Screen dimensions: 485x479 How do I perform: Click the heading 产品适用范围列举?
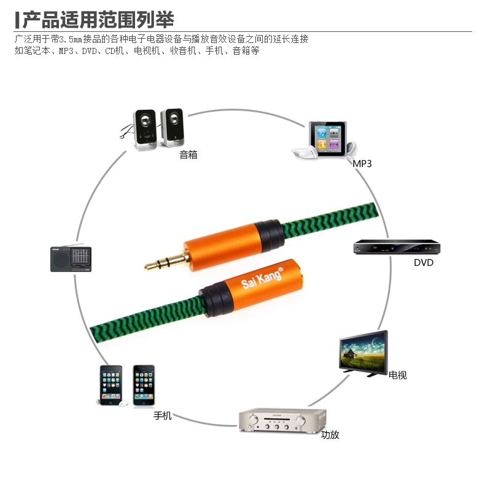point(98,20)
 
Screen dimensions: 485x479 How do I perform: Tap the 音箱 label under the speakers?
point(188,154)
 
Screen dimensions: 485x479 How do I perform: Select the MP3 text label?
point(362,164)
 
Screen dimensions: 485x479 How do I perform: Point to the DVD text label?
point(424,262)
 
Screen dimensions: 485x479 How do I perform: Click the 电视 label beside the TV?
point(397,375)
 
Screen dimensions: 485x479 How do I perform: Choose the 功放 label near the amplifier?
point(330,435)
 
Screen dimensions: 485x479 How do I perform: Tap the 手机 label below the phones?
point(163,416)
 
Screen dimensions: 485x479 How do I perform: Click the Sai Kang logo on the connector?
point(262,278)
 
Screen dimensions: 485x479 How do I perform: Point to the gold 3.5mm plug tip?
point(145,267)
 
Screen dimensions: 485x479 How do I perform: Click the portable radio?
point(71,259)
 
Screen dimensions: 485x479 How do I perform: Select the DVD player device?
point(397,247)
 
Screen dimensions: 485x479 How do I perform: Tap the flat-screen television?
point(363,354)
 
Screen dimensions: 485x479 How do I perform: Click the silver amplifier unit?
point(282,420)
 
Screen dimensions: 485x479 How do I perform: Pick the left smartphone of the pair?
point(111,386)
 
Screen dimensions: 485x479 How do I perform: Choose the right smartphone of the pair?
point(144,385)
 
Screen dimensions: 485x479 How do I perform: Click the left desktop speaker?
point(145,130)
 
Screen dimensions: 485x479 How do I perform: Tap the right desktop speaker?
point(172,128)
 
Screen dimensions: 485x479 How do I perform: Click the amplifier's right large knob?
point(300,420)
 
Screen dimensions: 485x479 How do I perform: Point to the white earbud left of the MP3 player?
point(305,152)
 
